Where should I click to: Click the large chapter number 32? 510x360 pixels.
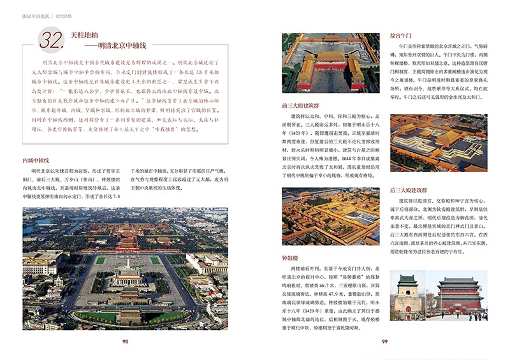(x=50, y=41)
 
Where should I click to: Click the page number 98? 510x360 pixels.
(x=125, y=342)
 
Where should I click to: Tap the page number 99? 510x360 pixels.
(x=385, y=342)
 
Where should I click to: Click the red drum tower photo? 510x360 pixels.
(x=458, y=295)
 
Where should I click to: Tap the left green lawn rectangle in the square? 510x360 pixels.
(x=100, y=261)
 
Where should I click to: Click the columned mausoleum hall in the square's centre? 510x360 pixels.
(x=127, y=278)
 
